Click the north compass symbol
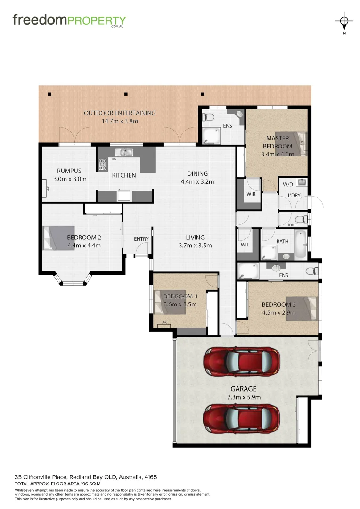[344, 21]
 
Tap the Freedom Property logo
[69, 20]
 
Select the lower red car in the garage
[241, 418]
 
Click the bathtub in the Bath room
[300, 244]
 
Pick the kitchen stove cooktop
[103, 164]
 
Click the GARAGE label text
[243, 389]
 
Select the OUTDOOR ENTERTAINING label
[120, 113]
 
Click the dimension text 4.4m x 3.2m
[197, 181]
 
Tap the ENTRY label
[141, 239]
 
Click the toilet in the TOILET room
[299, 219]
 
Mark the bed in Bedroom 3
[302, 309]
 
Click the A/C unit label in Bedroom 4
[164, 323]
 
